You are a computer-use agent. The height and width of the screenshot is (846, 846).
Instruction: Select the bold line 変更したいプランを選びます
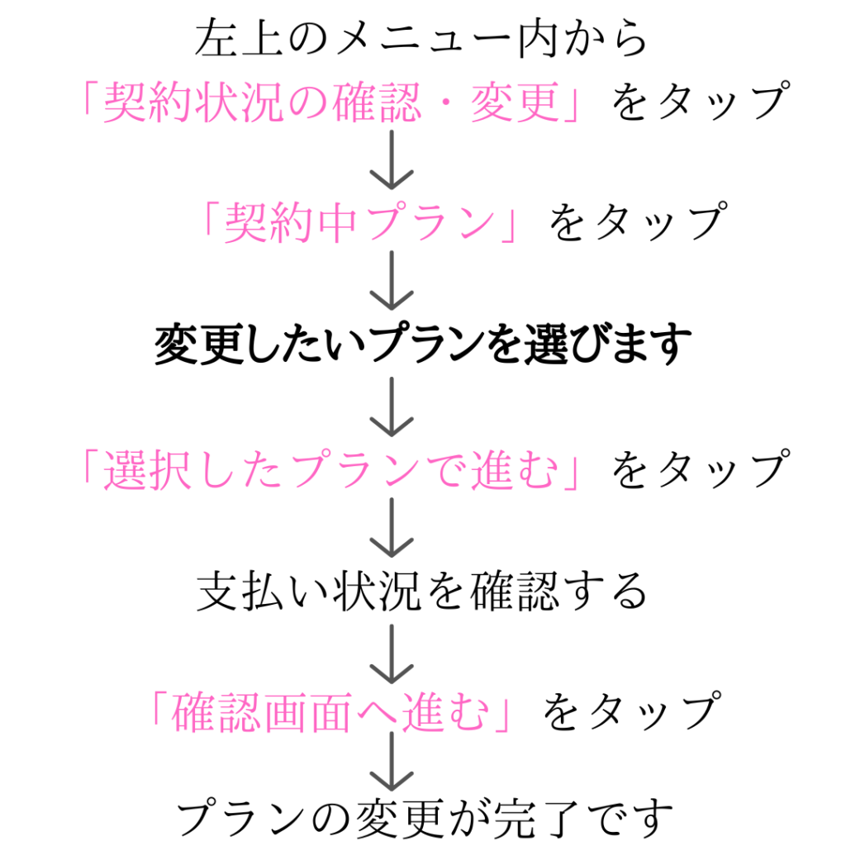[422, 346]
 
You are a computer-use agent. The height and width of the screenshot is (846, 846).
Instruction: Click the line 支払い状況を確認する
[422, 592]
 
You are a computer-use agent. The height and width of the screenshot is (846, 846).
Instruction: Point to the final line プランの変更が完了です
[422, 820]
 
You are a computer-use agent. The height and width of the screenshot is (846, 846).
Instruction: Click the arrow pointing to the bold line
[391, 281]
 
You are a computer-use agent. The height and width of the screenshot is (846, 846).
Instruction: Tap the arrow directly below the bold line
[391, 406]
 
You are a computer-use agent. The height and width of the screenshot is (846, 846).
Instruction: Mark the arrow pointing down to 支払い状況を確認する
[391, 529]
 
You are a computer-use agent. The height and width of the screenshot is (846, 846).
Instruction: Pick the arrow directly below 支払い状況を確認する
[391, 651]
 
